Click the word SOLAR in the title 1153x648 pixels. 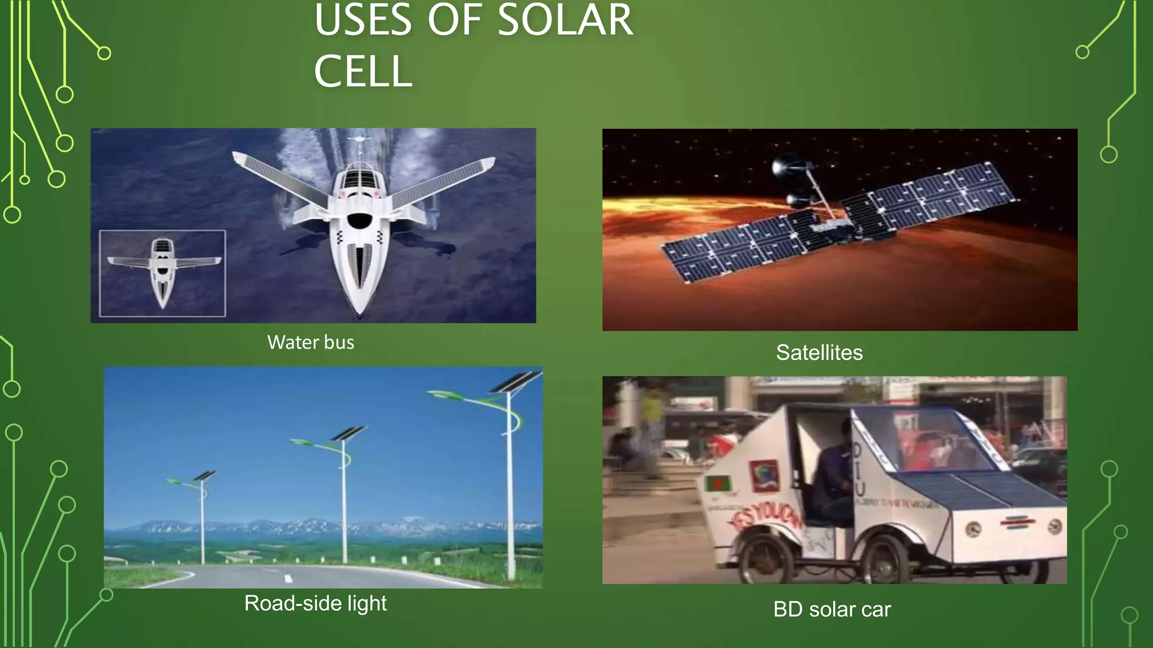point(565,20)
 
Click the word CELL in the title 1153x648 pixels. point(363,71)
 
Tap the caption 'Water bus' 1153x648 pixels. point(311,342)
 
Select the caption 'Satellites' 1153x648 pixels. point(819,353)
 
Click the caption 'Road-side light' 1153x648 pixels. point(315,603)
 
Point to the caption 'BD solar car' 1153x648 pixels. point(832,609)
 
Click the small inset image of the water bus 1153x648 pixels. point(163,273)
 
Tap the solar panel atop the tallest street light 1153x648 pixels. point(515,382)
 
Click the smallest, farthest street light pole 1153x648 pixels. point(203,520)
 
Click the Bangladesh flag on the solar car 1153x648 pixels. point(718,484)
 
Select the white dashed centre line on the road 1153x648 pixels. point(288,578)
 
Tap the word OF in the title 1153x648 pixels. point(454,20)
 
